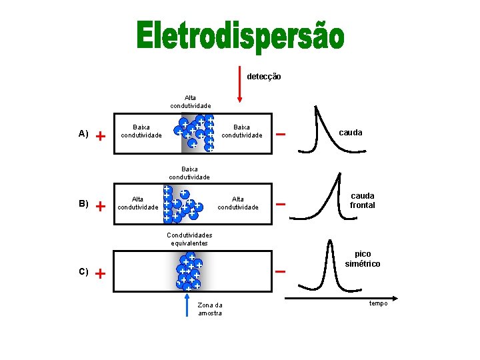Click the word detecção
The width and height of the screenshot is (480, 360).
pyautogui.click(x=264, y=77)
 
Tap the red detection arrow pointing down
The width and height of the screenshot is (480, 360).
pyautogui.click(x=240, y=83)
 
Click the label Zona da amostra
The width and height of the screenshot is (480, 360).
pyautogui.click(x=210, y=309)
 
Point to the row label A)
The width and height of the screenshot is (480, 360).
pyautogui.click(x=83, y=133)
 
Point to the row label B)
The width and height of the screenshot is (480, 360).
pyautogui.click(x=83, y=203)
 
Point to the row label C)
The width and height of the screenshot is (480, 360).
pyautogui.click(x=83, y=271)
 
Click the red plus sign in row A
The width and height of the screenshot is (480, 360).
pyautogui.click(x=100, y=136)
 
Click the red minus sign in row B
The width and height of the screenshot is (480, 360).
pyautogui.click(x=281, y=204)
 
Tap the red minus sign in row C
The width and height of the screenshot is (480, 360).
pyautogui.click(x=281, y=271)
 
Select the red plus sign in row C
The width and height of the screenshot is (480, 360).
pyautogui.click(x=100, y=273)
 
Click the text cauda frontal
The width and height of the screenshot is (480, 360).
pyautogui.click(x=363, y=201)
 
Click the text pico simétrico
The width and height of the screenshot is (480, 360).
pyautogui.click(x=363, y=259)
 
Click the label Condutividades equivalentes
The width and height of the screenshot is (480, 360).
pyautogui.click(x=189, y=239)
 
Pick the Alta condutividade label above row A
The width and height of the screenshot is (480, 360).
pyautogui.click(x=190, y=101)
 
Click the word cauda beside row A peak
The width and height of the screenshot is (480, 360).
pyautogui.click(x=351, y=133)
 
